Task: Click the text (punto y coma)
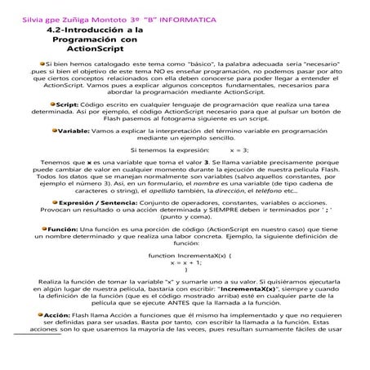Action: pyautogui.click(x=186, y=217)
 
